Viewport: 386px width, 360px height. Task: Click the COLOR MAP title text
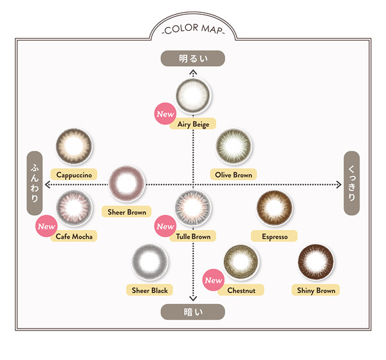pos(193,29)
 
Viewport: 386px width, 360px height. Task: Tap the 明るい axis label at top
pos(193,59)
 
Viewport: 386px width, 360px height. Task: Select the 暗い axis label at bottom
pos(193,312)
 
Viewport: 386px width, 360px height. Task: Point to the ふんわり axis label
pos(35,183)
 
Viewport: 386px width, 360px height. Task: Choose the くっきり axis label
pos(351,183)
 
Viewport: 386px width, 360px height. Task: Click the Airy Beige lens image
pos(193,95)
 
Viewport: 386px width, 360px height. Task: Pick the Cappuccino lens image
pos(74,146)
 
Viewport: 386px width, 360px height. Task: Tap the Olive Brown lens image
pos(234,146)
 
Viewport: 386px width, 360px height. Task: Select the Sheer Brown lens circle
pos(127,184)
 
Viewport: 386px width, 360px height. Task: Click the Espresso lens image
pos(274,208)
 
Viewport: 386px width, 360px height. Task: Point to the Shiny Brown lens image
pos(316,262)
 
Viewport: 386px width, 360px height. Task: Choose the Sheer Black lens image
pos(150,262)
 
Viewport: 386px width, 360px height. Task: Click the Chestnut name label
pos(241,290)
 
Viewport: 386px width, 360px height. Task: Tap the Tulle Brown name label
pos(193,236)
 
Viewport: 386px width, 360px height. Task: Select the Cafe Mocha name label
pos(74,236)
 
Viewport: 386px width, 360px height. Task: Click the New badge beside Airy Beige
pos(165,113)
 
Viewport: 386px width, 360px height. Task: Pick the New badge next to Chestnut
pos(214,280)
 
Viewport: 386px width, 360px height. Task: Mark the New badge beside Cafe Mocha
pos(46,226)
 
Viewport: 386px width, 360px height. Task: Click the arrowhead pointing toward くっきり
pos(339,184)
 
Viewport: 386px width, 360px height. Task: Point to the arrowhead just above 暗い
pos(193,298)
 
